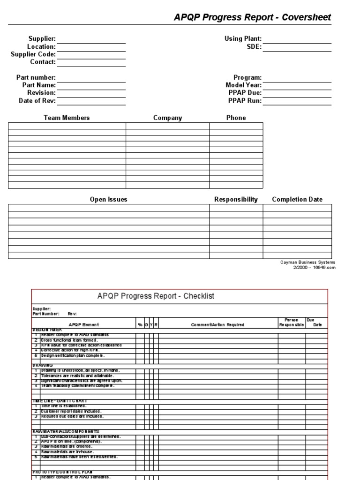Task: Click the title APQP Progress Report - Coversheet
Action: coord(252,17)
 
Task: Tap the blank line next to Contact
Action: coord(91,62)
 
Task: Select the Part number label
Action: coord(36,77)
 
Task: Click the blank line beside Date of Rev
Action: coord(91,101)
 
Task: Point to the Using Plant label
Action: coord(243,39)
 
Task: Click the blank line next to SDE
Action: coord(297,47)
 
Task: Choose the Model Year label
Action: coord(243,85)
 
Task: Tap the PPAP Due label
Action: coord(245,93)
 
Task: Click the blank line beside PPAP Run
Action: coord(297,101)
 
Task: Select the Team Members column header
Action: coord(67,118)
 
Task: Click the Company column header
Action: coord(167,118)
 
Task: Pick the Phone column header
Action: coord(236,118)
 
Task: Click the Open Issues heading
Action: coord(108,200)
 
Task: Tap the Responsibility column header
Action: coord(236,200)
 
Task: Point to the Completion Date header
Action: coord(297,200)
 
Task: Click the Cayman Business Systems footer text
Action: coord(307,262)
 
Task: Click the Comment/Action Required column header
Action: coord(217,325)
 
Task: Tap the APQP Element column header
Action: coord(84,325)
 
